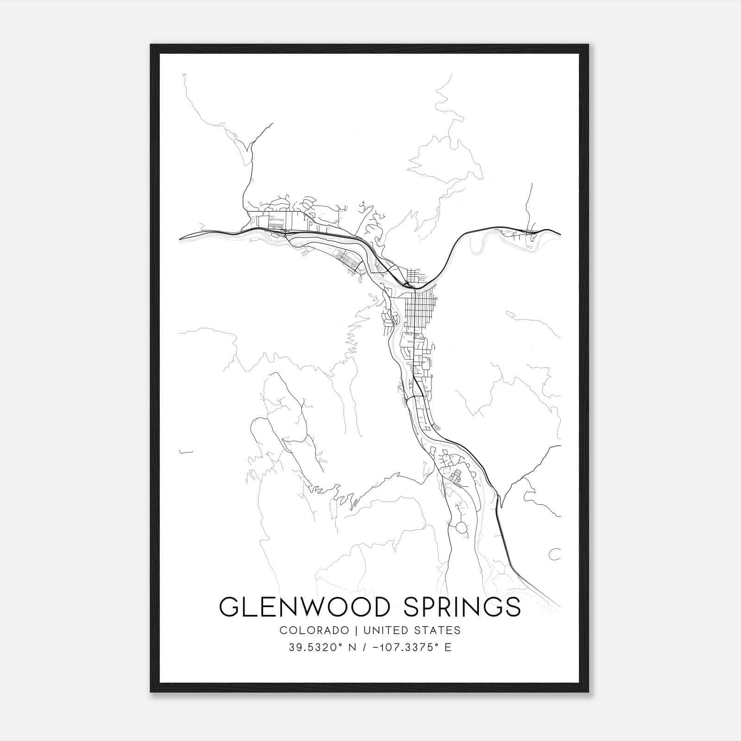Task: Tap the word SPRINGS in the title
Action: pos(462,607)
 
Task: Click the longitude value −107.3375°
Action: pos(408,647)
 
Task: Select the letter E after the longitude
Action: pos(447,647)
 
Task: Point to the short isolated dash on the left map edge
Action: pos(186,452)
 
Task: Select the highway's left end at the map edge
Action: pos(181,239)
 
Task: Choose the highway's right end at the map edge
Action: pos(559,234)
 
